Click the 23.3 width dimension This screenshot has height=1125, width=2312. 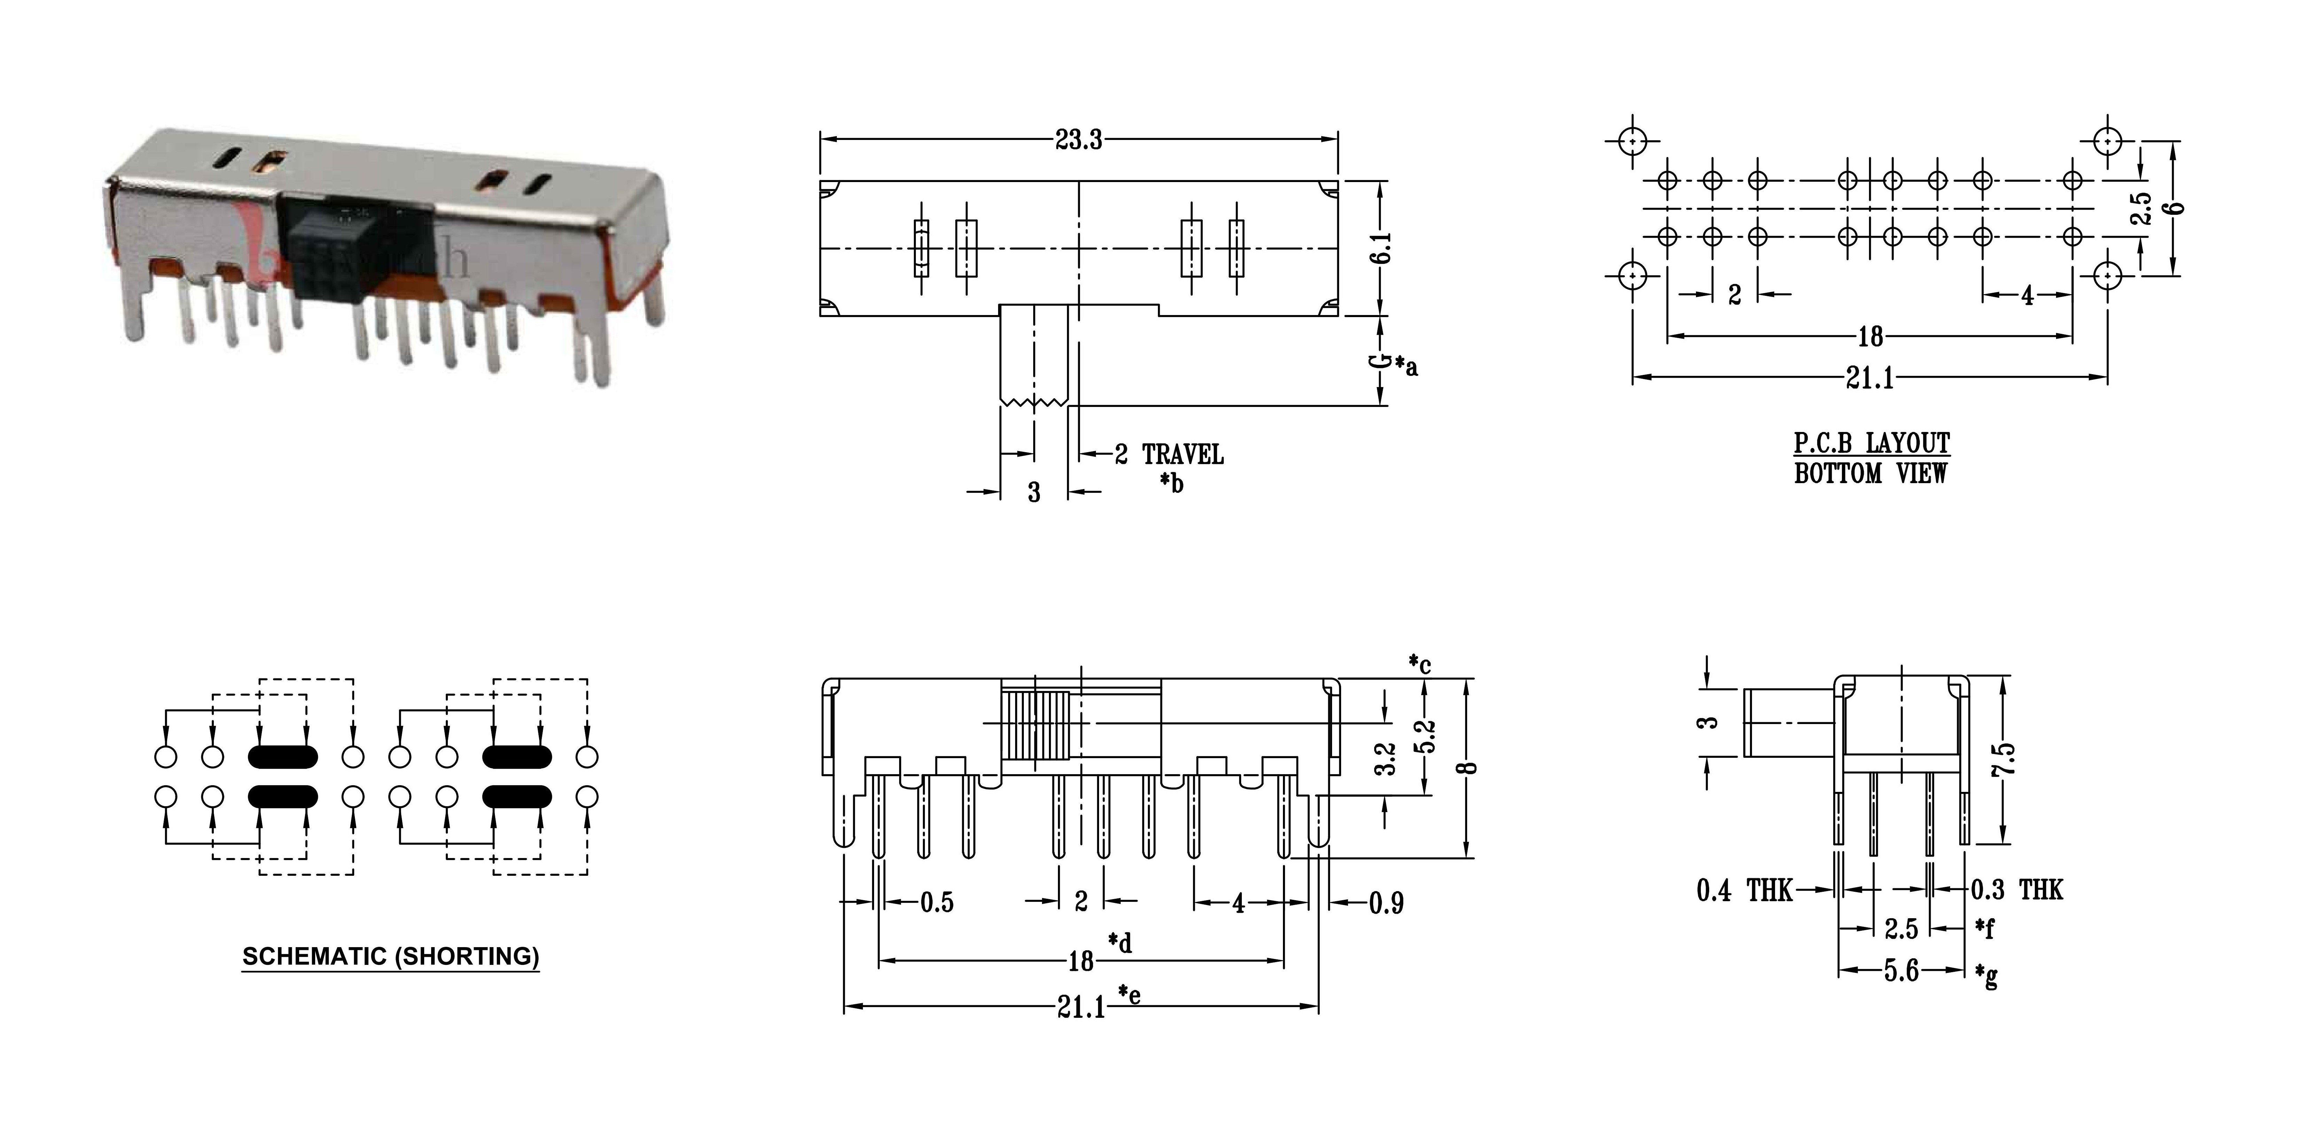[1078, 140]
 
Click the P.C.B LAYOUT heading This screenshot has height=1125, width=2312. [1871, 443]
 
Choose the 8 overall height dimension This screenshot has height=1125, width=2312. [1469, 767]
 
